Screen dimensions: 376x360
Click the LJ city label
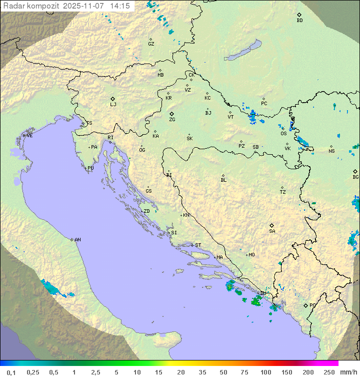pyautogui.click(x=113, y=105)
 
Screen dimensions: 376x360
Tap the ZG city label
pyautogui.click(x=172, y=120)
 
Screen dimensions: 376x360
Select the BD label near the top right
pyautogui.click(x=299, y=21)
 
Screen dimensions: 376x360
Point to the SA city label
pyautogui.click(x=272, y=231)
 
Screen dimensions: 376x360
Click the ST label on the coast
pyautogui.click(x=198, y=245)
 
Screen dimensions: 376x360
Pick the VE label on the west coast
pyautogui.click(x=29, y=136)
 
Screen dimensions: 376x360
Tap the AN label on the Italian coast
pyautogui.click(x=77, y=240)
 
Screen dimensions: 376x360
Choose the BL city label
pyautogui.click(x=223, y=180)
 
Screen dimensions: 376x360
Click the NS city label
pyautogui.click(x=331, y=151)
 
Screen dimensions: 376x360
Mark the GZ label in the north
pyautogui.click(x=151, y=44)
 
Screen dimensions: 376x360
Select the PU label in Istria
pyautogui.click(x=90, y=168)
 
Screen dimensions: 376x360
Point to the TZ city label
pyautogui.click(x=283, y=192)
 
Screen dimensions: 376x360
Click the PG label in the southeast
pyautogui.click(x=312, y=305)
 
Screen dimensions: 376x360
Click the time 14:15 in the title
pyautogui.click(x=120, y=6)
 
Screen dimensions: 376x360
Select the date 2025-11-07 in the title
pyautogui.click(x=84, y=6)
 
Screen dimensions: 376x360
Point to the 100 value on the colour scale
pyautogui.click(x=265, y=372)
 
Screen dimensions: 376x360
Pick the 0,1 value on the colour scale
pyautogui.click(x=11, y=372)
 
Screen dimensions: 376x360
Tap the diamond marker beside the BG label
pyautogui.click(x=355, y=171)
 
